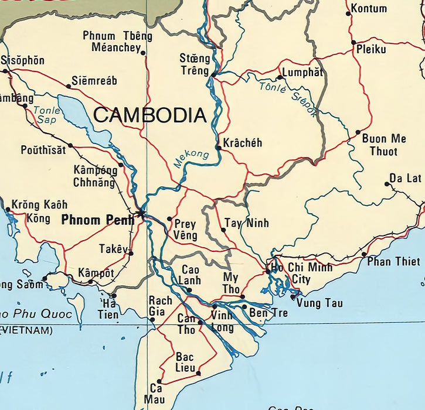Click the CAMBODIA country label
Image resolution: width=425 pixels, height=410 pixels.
pos(150,115)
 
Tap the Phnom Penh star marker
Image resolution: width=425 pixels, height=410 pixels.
pos(141,213)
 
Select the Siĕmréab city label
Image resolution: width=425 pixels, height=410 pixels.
pos(94,81)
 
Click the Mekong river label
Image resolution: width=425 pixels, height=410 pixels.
pos(191,159)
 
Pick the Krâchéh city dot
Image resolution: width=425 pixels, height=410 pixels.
pos(218,148)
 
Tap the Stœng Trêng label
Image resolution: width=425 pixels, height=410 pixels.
pos(195,64)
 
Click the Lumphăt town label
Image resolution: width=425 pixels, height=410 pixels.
pos(302,73)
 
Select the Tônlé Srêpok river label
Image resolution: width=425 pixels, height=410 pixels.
pos(288,97)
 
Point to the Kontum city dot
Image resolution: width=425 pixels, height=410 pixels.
pos(348,13)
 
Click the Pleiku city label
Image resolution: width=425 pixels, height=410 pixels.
pos(371,50)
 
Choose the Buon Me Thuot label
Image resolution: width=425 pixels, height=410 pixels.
pos(383,145)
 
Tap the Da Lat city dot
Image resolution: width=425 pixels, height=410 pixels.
pos(386,184)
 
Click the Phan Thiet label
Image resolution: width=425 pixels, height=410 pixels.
pos(393,261)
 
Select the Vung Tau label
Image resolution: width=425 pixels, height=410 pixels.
pos(319,303)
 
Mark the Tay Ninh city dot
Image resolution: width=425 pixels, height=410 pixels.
pos(223,230)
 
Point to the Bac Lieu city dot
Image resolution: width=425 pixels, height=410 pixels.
pos(198,373)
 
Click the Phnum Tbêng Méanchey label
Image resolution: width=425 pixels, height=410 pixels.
pos(117,42)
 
